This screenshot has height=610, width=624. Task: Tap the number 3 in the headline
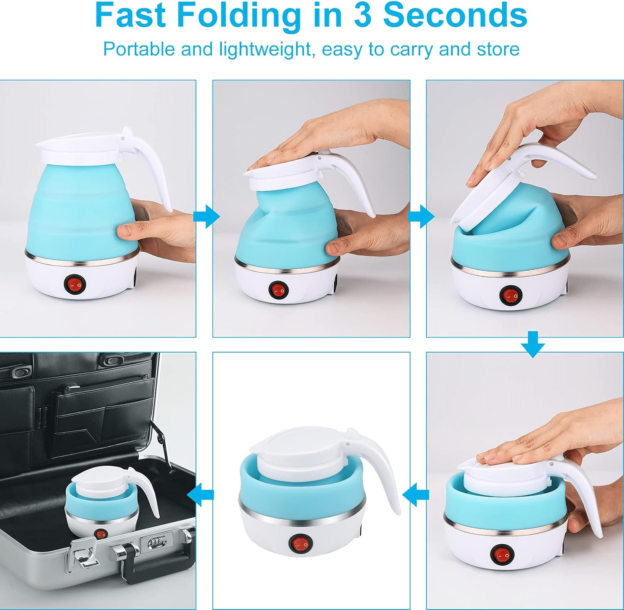click(362, 16)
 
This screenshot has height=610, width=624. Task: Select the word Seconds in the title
click(455, 16)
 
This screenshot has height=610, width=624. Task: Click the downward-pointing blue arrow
click(532, 344)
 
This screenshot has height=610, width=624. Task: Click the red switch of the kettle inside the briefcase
click(100, 534)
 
